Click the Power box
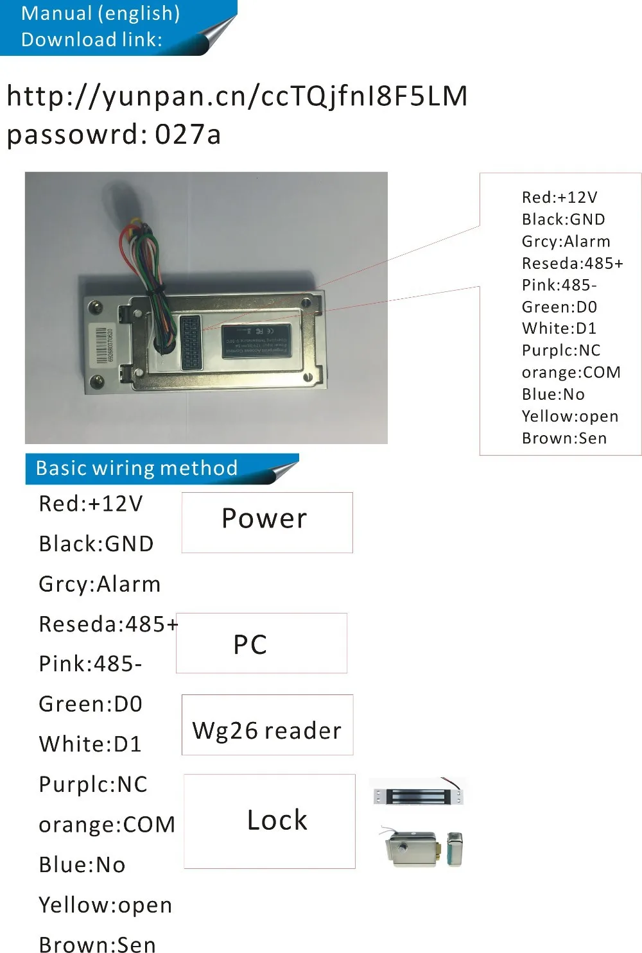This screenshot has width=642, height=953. coord(267,522)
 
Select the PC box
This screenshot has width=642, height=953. coord(261,643)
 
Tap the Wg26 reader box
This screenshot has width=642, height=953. coord(267,725)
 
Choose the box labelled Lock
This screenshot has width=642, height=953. coord(270,821)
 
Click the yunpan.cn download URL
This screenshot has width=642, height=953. coord(237,96)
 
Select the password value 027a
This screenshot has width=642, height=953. coord(188,135)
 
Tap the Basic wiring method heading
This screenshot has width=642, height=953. coord(137,468)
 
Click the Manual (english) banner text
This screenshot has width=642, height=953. coord(100,13)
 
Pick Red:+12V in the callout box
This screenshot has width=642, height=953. coord(559,197)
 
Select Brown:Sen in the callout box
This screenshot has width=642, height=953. coord(564,438)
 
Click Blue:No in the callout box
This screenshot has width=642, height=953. coord(553,394)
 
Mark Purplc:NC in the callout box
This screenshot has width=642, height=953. coord(560,350)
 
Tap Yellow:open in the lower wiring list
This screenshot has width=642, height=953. coord(105,905)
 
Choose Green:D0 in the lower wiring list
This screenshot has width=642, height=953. coord(91,704)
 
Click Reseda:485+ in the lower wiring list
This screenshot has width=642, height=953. coord(108,624)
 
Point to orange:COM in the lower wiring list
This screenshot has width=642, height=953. coord(107,825)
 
